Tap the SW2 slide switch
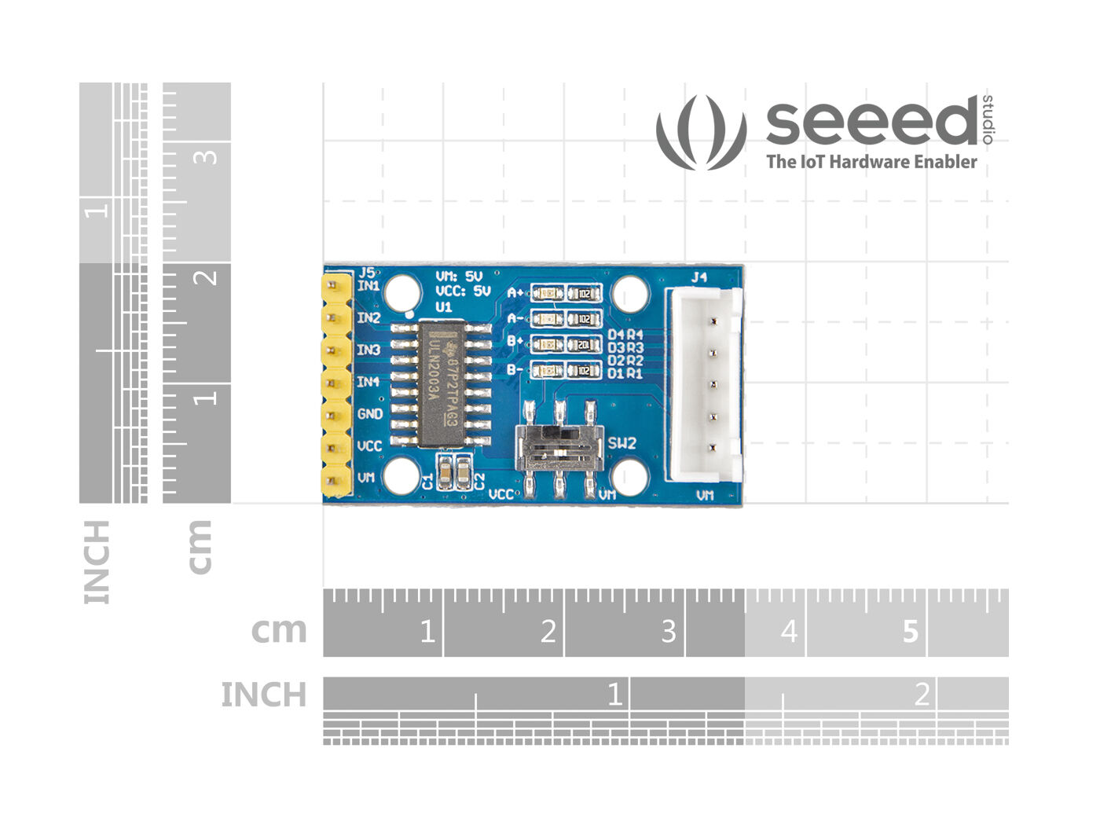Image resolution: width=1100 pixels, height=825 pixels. click(x=559, y=449)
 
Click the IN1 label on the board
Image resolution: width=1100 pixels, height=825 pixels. click(x=368, y=286)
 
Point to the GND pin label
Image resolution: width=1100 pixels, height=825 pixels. click(x=370, y=414)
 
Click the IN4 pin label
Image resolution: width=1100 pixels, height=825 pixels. click(x=368, y=382)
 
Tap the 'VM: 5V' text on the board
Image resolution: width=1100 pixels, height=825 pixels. click(x=459, y=277)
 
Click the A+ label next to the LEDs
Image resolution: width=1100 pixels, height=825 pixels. click(x=515, y=294)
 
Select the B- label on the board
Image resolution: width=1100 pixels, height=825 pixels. click(x=515, y=370)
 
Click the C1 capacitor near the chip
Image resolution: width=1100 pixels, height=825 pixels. click(x=445, y=472)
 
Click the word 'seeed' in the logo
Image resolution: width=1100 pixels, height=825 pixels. click(x=871, y=123)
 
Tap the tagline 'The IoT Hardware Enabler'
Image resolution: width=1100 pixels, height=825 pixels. click(x=871, y=162)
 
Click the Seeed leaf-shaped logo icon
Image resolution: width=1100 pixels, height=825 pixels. click(x=701, y=131)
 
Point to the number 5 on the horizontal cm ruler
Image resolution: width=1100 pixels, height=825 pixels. click(x=910, y=631)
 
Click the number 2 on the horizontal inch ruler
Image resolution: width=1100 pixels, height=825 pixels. click(x=922, y=695)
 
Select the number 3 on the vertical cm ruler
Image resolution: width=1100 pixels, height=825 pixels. click(x=206, y=156)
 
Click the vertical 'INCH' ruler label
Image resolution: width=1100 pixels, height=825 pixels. click(x=97, y=562)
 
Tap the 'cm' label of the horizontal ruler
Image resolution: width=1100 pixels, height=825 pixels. click(x=279, y=630)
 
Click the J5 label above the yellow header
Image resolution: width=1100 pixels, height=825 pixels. click(x=366, y=273)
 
